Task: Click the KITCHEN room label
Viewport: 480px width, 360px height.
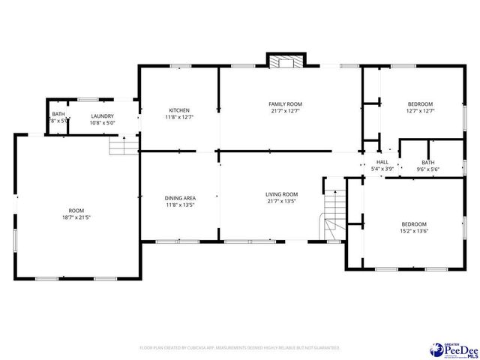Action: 179,110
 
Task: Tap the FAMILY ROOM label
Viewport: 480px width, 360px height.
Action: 285,103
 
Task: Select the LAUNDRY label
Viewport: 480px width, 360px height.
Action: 102,115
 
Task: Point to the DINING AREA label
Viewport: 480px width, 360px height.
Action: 180,198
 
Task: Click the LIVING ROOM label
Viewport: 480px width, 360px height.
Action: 282,194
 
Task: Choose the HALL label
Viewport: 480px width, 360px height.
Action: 382,162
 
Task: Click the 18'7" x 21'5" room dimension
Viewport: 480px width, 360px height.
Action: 77,217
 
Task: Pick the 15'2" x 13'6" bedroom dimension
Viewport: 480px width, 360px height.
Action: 413,232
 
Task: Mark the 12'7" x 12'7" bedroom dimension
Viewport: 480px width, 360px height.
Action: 421,111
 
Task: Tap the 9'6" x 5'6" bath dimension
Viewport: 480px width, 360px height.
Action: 427,169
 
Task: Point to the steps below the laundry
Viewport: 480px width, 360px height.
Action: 124,145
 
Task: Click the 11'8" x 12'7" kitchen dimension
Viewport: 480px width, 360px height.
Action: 179,117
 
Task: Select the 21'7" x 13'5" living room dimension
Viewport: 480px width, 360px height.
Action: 282,201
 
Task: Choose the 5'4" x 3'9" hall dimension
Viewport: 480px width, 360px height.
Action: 382,169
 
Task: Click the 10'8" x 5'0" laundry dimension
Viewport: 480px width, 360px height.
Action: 102,122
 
